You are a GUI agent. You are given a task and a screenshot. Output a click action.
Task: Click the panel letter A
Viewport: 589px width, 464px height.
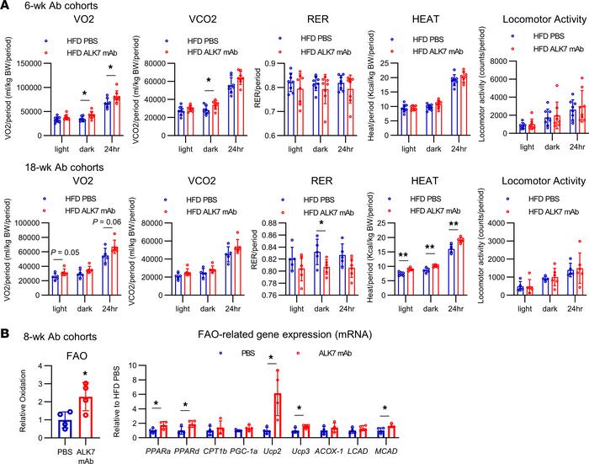[x=6, y=6]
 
